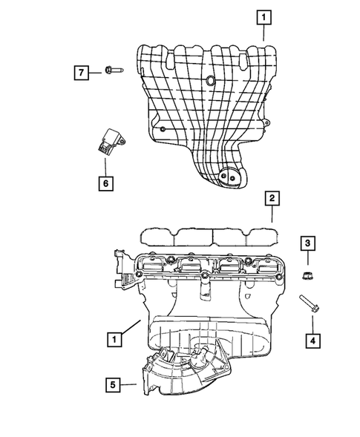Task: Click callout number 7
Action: [x=82, y=73]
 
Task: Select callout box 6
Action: [x=105, y=181]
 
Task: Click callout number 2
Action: [x=272, y=198]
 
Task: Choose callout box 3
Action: [x=307, y=243]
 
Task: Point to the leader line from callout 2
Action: [x=272, y=215]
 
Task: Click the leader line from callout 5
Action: [x=127, y=384]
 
